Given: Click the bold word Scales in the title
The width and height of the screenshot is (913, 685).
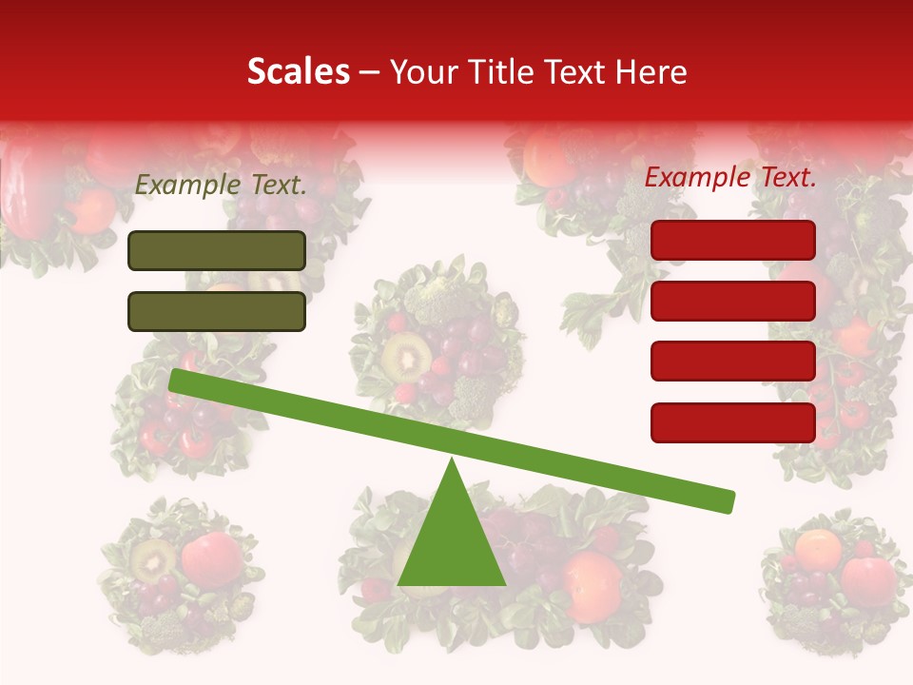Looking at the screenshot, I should [298, 71].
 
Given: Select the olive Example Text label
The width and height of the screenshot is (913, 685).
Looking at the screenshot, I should [221, 186].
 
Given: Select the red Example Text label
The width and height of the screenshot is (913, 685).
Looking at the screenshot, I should [730, 178].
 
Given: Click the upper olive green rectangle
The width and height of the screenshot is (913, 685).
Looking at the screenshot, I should [217, 250].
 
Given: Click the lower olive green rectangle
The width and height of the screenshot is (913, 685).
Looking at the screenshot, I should [217, 311].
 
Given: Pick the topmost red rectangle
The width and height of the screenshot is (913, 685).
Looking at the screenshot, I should [733, 240].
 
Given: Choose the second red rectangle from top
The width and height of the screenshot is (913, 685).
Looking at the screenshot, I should [733, 301].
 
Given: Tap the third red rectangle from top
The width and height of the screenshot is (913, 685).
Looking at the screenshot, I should [733, 362].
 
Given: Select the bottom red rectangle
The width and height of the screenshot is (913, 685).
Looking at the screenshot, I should [733, 422].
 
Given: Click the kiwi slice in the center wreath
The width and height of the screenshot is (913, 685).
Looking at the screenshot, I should [403, 356].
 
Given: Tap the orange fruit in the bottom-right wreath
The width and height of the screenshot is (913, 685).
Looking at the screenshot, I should [818, 548].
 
